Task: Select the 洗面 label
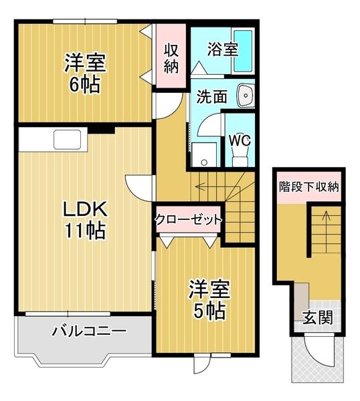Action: tap(211, 96)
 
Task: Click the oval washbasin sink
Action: tap(246, 96)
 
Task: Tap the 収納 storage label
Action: tap(171, 58)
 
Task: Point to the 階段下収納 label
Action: tap(308, 186)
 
